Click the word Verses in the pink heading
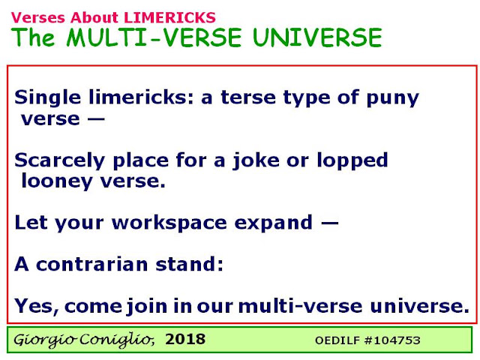coord(38,17)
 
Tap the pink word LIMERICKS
coord(170,17)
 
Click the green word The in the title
coord(33,37)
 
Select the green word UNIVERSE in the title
coord(318,37)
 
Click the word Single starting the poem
coord(48,98)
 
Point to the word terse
coord(248,97)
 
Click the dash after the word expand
coord(330,223)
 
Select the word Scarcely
coord(60,160)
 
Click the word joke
coord(256,160)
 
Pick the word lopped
coord(352,160)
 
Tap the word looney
coord(57,181)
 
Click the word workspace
coord(169,223)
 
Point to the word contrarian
coord(92,264)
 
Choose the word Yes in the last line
coord(37,306)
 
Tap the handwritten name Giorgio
coord(45,340)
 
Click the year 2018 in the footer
coord(185,339)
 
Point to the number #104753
coord(392,340)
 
